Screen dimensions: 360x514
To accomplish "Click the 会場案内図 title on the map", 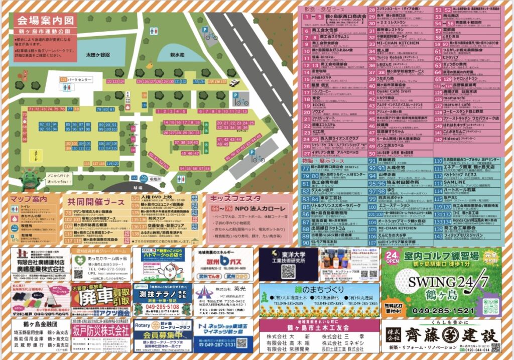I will (x=45, y=21).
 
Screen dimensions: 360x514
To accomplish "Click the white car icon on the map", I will (x=234, y=83).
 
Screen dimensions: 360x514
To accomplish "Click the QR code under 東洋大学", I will (x=287, y=272).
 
